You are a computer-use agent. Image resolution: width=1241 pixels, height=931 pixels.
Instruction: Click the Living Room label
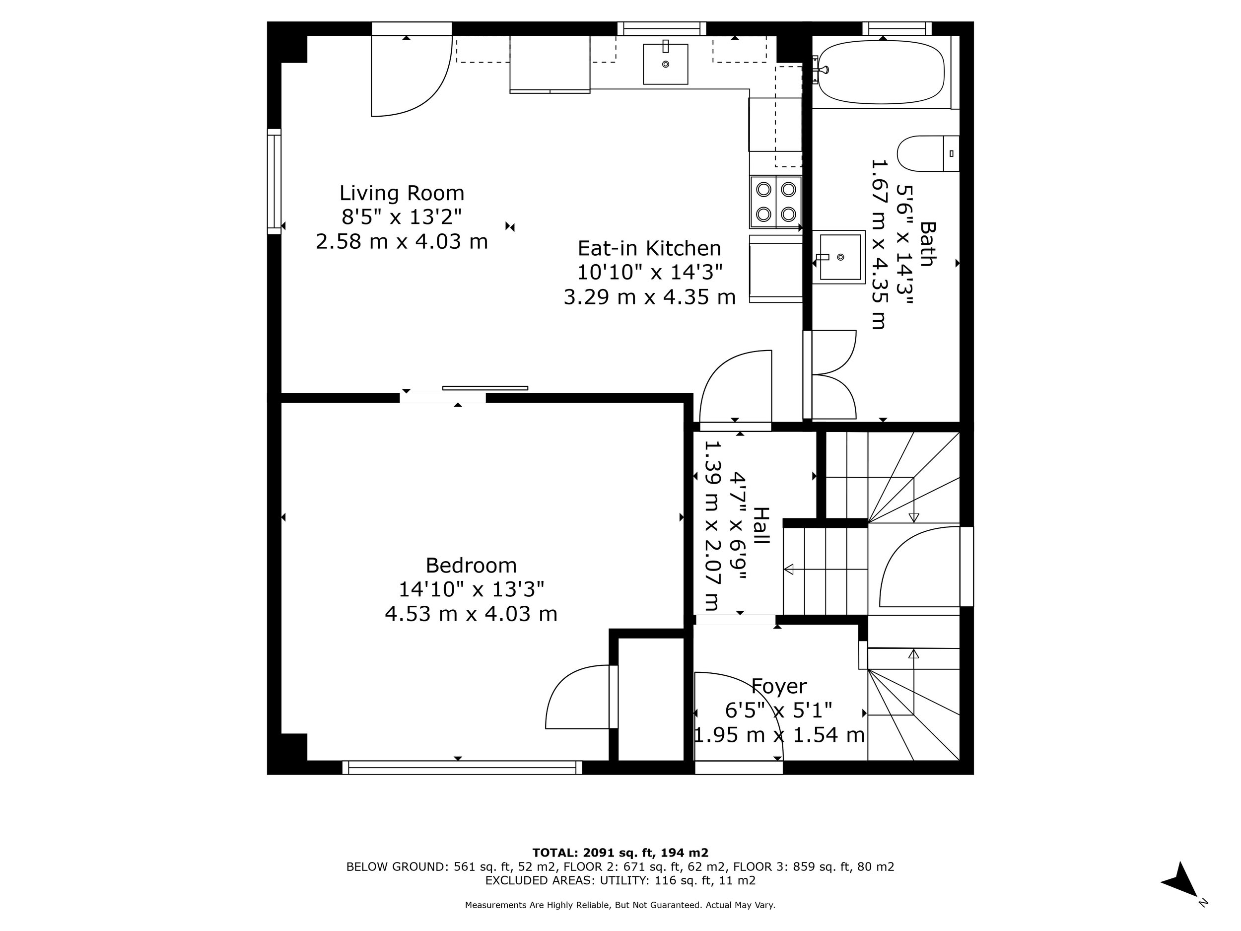click(402, 193)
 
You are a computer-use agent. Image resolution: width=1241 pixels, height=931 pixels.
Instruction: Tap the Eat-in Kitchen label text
click(649, 248)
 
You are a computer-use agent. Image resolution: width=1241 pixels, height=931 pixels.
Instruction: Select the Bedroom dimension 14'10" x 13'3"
click(471, 589)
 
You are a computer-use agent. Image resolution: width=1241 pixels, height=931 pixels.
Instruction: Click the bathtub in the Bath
click(880, 72)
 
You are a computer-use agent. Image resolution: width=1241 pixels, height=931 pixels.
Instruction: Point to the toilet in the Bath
click(926, 153)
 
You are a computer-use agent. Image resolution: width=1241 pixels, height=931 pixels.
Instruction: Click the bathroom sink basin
click(839, 257)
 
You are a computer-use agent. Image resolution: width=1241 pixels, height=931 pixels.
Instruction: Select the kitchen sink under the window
click(665, 64)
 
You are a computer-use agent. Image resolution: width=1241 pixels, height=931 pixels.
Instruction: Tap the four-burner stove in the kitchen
click(776, 202)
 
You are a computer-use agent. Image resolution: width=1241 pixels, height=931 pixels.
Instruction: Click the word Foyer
click(779, 686)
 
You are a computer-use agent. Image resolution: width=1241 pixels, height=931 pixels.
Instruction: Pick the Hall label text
click(761, 525)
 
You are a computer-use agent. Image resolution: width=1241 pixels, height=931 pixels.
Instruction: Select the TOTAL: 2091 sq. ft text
click(620, 853)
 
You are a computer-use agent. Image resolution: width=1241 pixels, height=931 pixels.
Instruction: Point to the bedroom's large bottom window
click(462, 767)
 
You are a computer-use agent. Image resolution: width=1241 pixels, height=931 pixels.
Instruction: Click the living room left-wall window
click(274, 181)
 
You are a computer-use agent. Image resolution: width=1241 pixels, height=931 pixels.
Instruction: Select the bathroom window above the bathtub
click(896, 29)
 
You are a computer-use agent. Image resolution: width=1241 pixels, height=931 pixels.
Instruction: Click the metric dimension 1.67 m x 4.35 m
click(879, 244)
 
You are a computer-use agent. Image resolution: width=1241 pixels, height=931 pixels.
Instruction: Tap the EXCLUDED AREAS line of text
click(620, 880)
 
